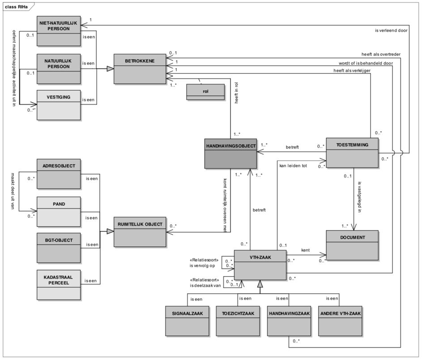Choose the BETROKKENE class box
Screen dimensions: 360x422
pyautogui.click(x=140, y=69)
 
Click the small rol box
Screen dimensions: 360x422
pyautogui.click(x=205, y=92)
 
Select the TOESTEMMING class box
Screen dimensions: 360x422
pyautogui.click(x=352, y=153)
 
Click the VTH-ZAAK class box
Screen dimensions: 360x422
pyautogui.click(x=260, y=264)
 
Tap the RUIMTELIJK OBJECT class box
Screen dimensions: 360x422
pyautogui.click(x=140, y=231)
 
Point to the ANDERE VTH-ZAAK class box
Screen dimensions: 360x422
pyautogui.click(x=340, y=321)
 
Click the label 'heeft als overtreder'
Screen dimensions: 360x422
pyautogui.click(x=381, y=54)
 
